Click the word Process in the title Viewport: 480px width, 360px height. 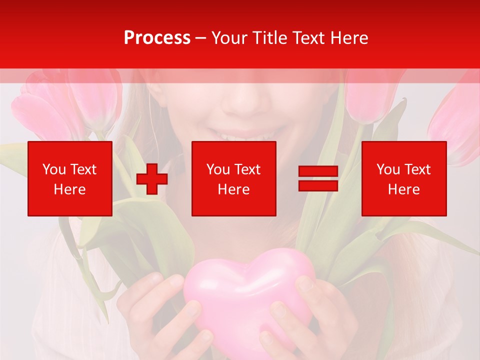click(x=157, y=38)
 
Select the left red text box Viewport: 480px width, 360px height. click(x=70, y=178)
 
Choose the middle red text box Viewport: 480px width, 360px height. click(x=234, y=178)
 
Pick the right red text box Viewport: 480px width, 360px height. click(x=404, y=178)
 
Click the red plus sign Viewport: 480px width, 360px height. click(x=152, y=179)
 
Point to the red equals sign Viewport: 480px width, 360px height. click(x=318, y=178)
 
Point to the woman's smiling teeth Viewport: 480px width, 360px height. click(x=245, y=135)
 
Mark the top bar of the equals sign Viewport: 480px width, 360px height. click(x=318, y=171)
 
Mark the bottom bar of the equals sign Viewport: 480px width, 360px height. click(x=318, y=185)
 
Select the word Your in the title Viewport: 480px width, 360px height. click(x=230, y=38)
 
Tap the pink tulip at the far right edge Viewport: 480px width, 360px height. click(x=457, y=120)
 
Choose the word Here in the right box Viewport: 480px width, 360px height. click(x=404, y=189)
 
